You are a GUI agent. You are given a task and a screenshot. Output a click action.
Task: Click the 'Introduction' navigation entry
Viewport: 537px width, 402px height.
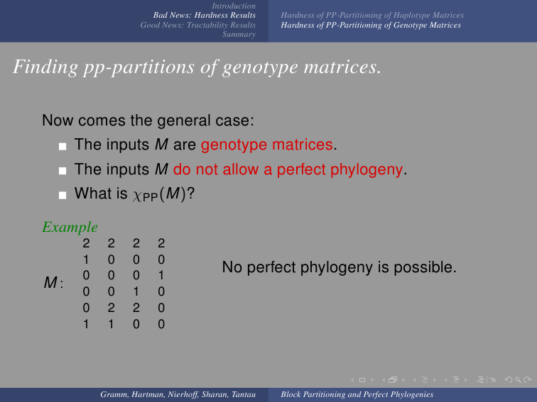pyautogui.click(x=234, y=6)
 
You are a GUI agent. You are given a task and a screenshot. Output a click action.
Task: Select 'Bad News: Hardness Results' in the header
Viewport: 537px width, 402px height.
pyautogui.click(x=205, y=15)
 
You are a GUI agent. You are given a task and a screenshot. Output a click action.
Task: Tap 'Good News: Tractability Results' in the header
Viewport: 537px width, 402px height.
pyautogui.click(x=198, y=25)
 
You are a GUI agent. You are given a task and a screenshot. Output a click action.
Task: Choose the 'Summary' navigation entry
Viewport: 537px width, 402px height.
pyautogui.click(x=239, y=34)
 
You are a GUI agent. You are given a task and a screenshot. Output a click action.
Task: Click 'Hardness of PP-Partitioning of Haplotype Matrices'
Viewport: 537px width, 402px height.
pyautogui.click(x=372, y=15)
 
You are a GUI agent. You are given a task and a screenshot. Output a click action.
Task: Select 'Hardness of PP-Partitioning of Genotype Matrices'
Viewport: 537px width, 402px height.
pyautogui.click(x=371, y=25)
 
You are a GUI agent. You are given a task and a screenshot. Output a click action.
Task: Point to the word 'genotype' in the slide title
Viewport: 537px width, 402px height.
pyautogui.click(x=260, y=67)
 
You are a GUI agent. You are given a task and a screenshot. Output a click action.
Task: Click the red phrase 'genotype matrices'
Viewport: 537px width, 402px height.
pyautogui.click(x=267, y=145)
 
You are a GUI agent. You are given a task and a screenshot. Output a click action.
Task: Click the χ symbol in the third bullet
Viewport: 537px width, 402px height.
pyautogui.click(x=137, y=196)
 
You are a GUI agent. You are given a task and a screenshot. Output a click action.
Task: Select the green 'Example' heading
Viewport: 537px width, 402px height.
pyautogui.click(x=70, y=227)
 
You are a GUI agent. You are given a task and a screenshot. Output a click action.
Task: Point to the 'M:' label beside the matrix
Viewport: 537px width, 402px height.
pyautogui.click(x=53, y=283)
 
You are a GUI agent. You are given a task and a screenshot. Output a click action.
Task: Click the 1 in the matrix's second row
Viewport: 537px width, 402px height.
pyautogui.click(x=86, y=259)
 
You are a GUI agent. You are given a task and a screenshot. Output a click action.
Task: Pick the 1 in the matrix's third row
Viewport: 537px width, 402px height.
pyautogui.click(x=161, y=276)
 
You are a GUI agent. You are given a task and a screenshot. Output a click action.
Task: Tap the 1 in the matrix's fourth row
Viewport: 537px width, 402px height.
pyautogui.click(x=136, y=291)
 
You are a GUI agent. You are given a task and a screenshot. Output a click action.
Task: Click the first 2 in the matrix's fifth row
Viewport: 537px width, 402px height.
pyautogui.click(x=111, y=308)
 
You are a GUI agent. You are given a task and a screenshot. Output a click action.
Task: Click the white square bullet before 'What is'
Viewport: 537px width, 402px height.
pyautogui.click(x=63, y=195)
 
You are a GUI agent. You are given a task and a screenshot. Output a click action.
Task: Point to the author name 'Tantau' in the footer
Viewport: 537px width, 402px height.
pyautogui.click(x=244, y=394)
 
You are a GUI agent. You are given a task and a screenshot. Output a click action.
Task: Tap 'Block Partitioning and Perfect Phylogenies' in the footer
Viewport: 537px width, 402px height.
pyautogui.click(x=357, y=394)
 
